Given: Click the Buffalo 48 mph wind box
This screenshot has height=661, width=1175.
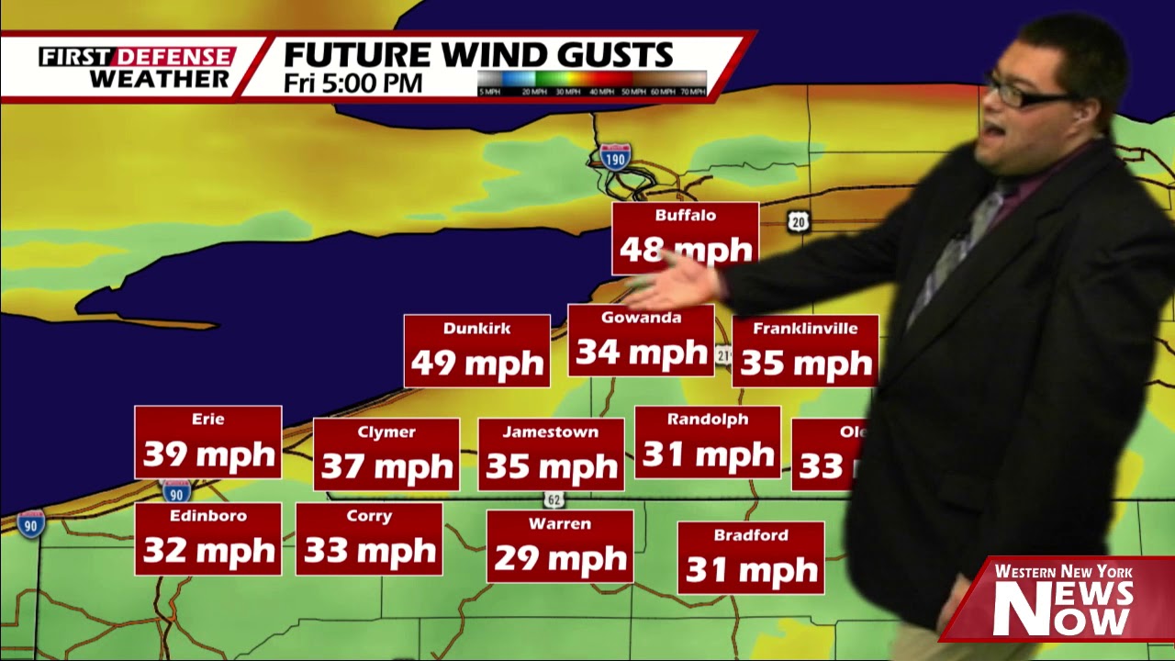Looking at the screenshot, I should (685, 238).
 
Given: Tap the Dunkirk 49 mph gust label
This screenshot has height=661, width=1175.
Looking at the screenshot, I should (476, 351).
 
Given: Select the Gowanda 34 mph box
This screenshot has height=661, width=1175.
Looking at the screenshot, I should (641, 341).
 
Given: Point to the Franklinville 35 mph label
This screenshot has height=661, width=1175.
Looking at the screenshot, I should (805, 351).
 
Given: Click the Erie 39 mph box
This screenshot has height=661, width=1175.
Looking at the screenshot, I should (207, 442).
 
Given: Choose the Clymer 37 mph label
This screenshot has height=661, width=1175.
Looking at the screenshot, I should (386, 454).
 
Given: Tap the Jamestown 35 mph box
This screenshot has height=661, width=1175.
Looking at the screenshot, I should (551, 454).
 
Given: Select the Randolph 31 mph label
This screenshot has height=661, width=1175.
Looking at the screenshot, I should (707, 442).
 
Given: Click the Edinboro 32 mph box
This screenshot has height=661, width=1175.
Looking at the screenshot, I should (207, 539).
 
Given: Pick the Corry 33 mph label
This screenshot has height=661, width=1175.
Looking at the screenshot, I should (369, 539).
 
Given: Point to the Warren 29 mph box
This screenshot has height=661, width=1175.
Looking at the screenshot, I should (560, 546).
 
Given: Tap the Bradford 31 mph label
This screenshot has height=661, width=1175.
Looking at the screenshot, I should (750, 557).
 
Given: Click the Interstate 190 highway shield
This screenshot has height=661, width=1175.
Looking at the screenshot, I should (615, 157).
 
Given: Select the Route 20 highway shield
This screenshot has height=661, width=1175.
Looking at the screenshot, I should (799, 220).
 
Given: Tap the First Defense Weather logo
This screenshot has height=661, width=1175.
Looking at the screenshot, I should (136, 67).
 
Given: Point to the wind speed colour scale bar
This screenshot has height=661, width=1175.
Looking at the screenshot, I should (592, 83).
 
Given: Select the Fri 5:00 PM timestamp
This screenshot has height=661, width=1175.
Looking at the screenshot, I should (352, 83).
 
